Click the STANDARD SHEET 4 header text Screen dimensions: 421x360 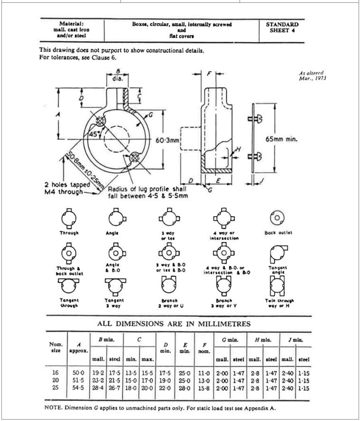click(282, 27)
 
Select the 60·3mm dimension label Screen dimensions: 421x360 click(167, 140)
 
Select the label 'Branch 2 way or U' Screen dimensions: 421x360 click(169, 302)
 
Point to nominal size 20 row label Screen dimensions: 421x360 click(55, 380)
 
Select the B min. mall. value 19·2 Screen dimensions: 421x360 click(98, 373)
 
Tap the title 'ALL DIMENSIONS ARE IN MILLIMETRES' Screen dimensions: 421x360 click(174, 324)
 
